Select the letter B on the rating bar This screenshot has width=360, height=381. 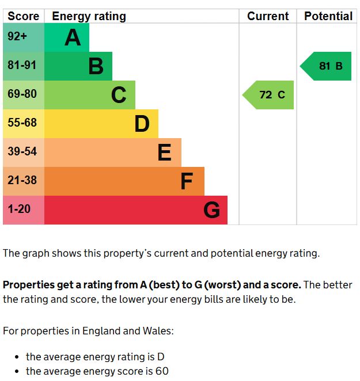click(x=96, y=67)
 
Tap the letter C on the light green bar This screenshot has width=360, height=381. click(x=119, y=95)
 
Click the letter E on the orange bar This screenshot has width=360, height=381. click(x=164, y=153)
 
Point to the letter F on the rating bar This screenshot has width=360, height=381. click(x=186, y=182)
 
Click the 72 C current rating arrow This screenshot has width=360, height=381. click(x=270, y=95)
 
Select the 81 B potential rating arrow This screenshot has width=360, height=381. click(x=327, y=66)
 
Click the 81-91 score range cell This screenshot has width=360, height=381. click(x=22, y=66)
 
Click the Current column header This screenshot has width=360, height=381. click(x=268, y=16)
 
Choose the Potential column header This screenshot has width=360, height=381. click(x=328, y=16)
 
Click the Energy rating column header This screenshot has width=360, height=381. click(x=89, y=16)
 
